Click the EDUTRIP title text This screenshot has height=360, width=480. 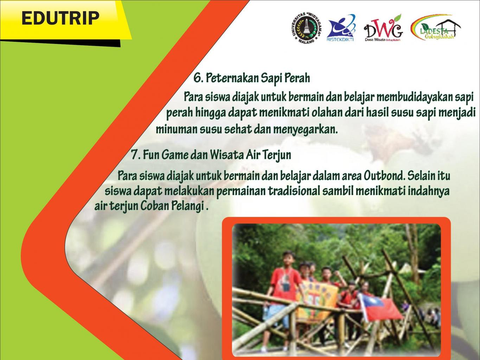point(60,18)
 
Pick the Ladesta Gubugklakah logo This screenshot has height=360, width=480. point(436,27)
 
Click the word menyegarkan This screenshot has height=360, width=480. point(305,129)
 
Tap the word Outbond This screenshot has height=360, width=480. point(384,176)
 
